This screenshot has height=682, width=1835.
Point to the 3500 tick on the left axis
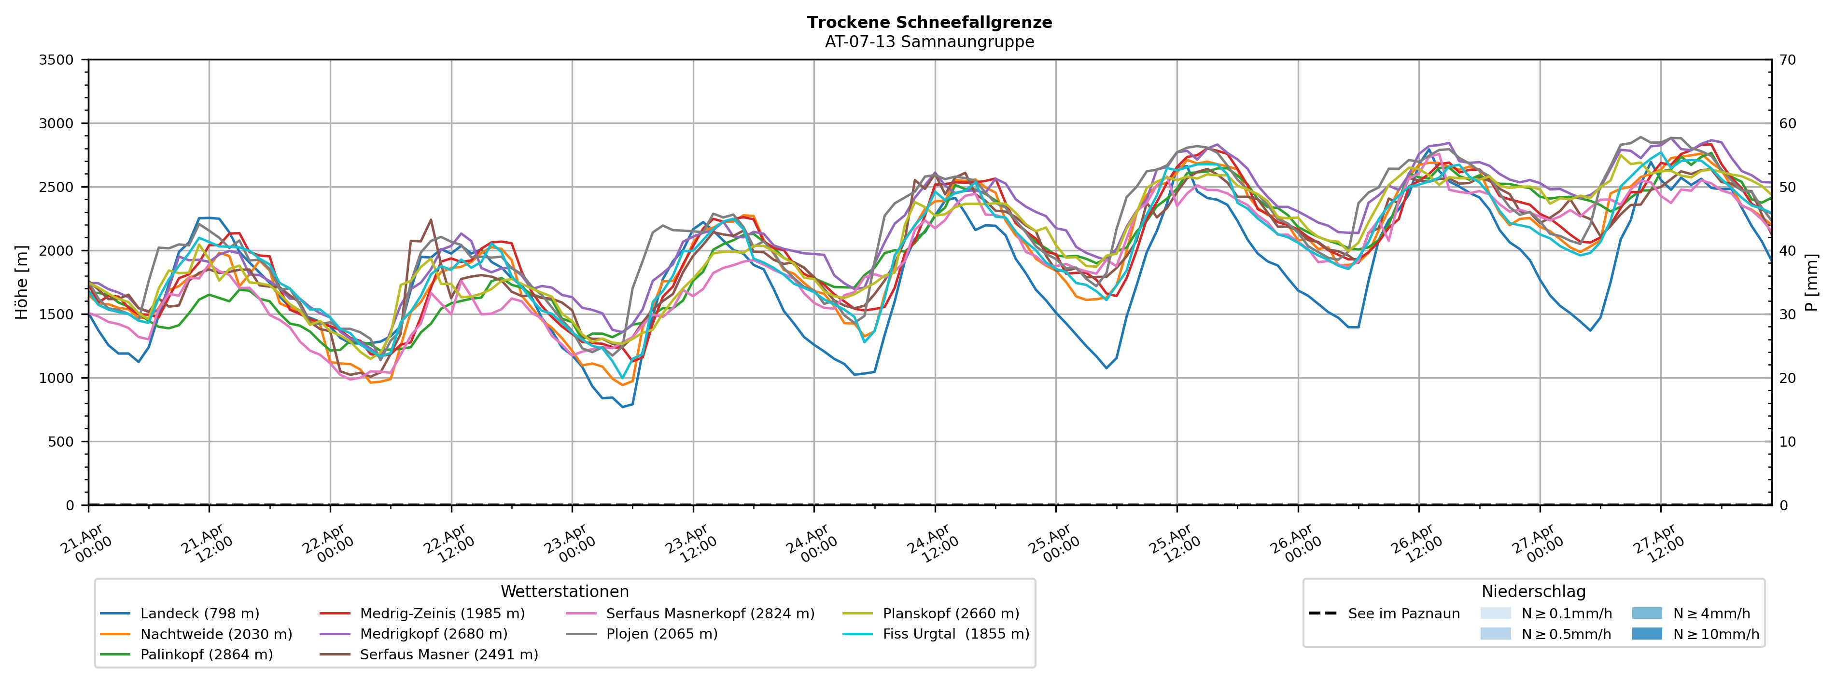click(56, 60)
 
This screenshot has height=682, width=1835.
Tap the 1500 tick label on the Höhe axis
click(56, 314)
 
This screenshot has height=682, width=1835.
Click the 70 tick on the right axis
click(1787, 60)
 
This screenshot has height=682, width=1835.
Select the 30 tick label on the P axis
click(1787, 314)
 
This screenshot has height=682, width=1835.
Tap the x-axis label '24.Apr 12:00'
click(928, 544)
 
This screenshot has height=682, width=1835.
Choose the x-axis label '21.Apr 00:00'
click(87, 544)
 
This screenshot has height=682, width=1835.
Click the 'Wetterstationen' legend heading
click(564, 592)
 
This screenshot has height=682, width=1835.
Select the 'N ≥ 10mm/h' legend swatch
click(1646, 634)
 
